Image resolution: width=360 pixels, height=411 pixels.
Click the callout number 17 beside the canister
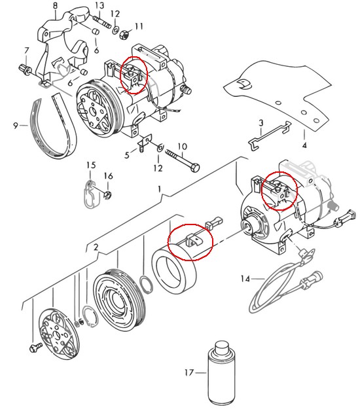click(189, 372)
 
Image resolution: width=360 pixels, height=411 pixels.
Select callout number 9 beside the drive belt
click(16, 126)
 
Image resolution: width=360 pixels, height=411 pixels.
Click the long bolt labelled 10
click(183, 160)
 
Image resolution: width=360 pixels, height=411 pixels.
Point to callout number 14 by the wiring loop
click(245, 279)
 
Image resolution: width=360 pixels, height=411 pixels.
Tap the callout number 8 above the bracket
click(55, 6)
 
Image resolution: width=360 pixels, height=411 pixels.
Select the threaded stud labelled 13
click(103, 22)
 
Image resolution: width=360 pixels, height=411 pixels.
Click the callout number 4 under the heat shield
click(304, 145)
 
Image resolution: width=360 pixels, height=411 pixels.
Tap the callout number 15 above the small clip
click(91, 166)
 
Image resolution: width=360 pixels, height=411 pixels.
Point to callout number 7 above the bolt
click(26, 51)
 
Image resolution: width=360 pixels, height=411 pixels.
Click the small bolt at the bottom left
click(35, 348)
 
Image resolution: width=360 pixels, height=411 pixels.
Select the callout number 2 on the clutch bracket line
click(96, 247)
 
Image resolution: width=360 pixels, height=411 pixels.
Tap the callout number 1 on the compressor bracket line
click(159, 189)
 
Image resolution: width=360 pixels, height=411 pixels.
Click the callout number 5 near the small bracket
click(127, 155)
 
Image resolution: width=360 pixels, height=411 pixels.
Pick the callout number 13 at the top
click(99, 6)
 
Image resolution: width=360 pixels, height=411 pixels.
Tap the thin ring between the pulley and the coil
click(146, 285)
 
